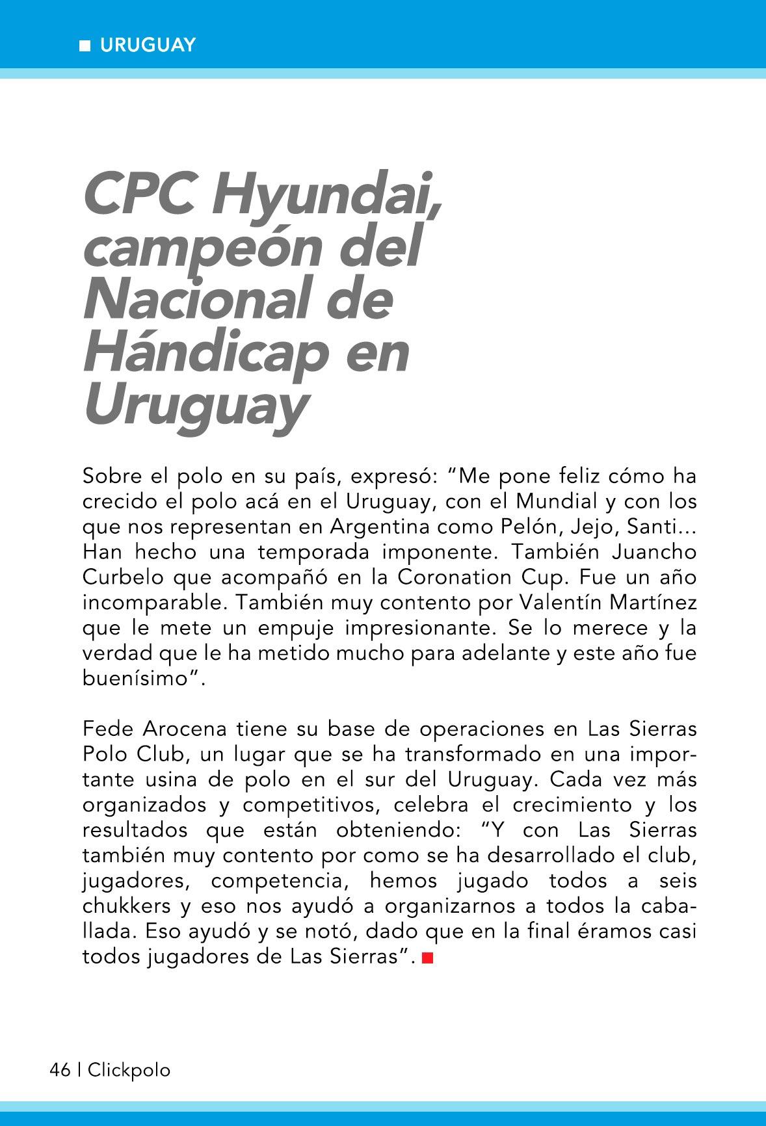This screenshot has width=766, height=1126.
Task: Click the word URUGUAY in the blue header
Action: [148, 45]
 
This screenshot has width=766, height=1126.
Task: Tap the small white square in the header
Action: [85, 46]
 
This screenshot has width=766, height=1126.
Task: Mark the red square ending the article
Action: [427, 958]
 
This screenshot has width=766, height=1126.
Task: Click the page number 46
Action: [60, 1069]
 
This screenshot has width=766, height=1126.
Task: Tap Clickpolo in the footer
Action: [129, 1070]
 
